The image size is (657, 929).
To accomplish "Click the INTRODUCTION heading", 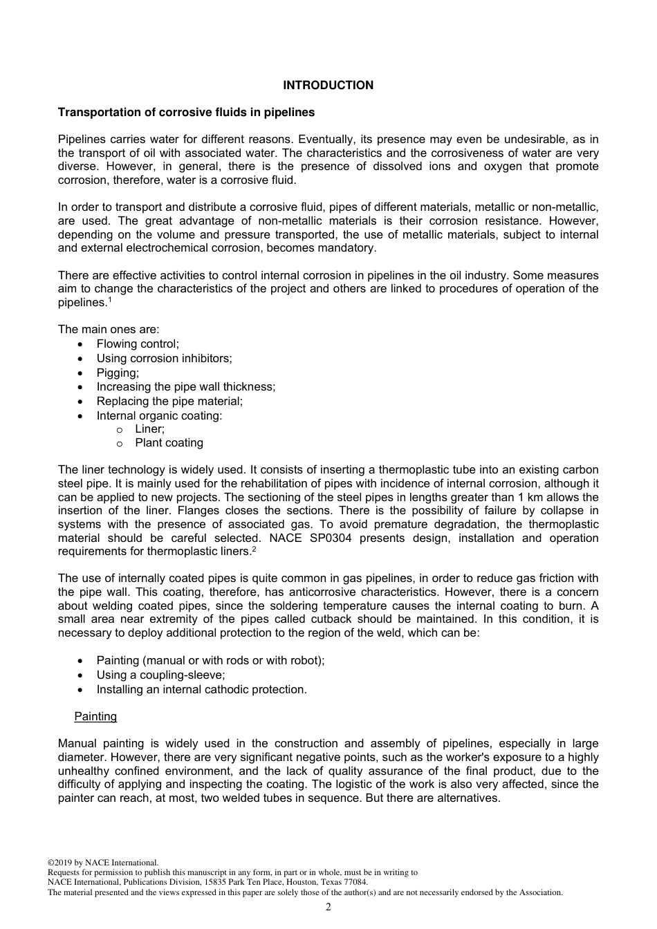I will click(328, 85).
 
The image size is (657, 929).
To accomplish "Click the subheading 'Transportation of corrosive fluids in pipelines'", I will click(186, 112).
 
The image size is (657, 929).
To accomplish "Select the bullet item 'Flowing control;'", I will click(138, 344).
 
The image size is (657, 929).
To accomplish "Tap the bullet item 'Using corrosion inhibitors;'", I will click(164, 358).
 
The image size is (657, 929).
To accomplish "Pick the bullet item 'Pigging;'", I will click(118, 373).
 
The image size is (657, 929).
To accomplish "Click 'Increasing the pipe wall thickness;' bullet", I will click(185, 386).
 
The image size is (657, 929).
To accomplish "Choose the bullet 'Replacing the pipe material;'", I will click(169, 401).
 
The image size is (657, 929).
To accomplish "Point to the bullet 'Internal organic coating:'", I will click(159, 415).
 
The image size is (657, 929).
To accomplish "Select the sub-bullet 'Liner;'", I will click(149, 429).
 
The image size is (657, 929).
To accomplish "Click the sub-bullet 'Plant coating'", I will click(169, 442).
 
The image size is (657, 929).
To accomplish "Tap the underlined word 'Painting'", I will click(95, 716).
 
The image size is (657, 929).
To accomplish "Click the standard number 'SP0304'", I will click(329, 538).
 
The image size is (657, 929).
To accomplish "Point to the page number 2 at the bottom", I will click(328, 907).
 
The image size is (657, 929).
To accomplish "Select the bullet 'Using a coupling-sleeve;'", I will click(160, 675).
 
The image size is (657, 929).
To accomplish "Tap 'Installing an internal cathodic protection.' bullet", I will click(201, 689).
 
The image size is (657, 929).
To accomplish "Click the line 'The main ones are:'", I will click(108, 329).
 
